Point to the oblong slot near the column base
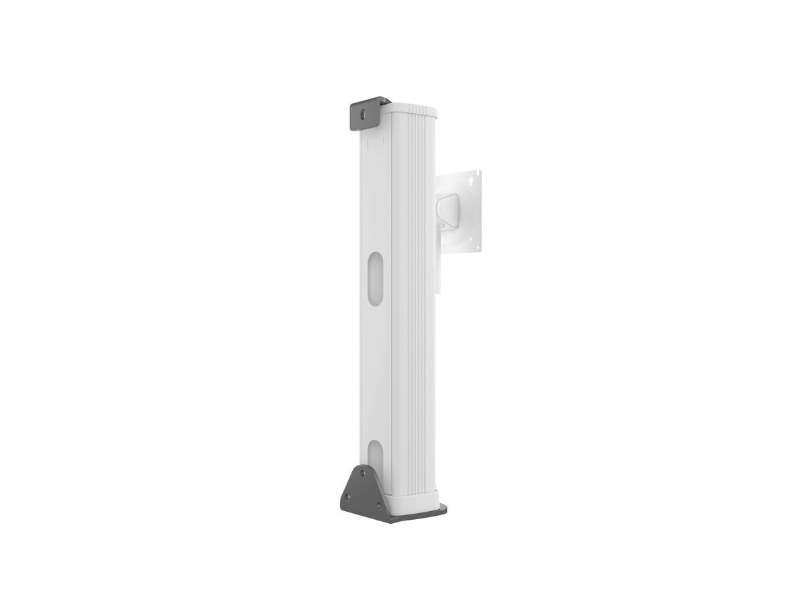coord(375,459)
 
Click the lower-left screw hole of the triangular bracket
coord(347,498)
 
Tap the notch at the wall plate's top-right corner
coord(480,173)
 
